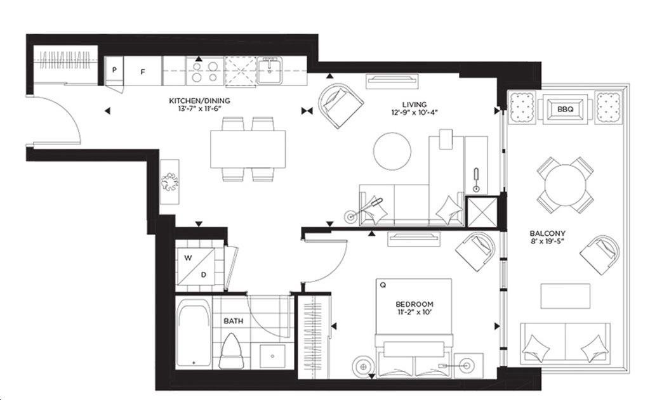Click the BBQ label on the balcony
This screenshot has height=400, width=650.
pos(565,109)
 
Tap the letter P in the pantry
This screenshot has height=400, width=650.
pos(114,70)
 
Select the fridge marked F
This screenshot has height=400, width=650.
pos(143,71)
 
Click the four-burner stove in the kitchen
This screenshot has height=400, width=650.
pos(205,71)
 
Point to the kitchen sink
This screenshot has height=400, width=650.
pos(269,70)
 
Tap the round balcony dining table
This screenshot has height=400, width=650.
pos(565,184)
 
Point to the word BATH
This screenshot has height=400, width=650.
pos(234,321)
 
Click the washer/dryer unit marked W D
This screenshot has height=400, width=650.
pos(196,266)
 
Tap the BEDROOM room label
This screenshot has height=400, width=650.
pos(414,304)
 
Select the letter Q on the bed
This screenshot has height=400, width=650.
pos(383,285)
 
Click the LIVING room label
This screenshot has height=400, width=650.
pos(414,105)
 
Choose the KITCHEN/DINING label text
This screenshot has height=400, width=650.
pos(199,101)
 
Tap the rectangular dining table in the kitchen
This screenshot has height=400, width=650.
pos(248,149)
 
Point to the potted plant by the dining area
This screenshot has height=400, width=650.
pos(170,181)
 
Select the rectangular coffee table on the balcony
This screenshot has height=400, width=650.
pos(565,296)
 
